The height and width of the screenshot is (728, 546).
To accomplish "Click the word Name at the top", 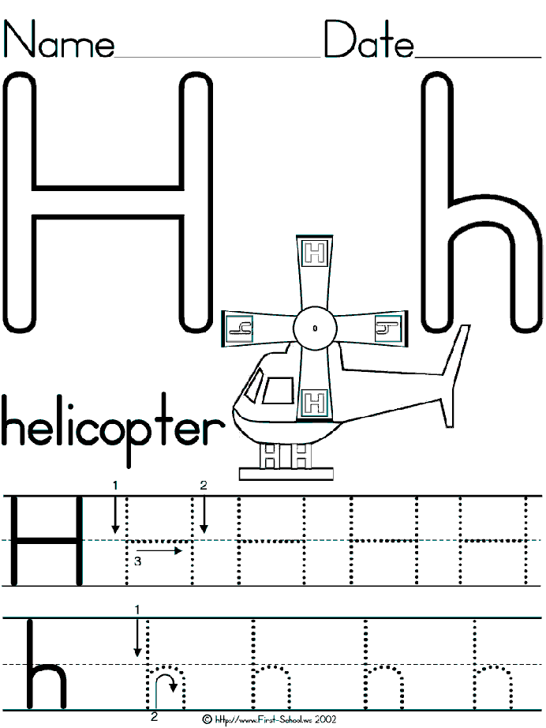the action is [x=59, y=39].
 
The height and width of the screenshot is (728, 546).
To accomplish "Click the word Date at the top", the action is [x=368, y=39].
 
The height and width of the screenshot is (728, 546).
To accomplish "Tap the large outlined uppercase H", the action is [x=107, y=202].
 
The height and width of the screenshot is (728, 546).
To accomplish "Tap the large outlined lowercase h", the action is [x=481, y=202].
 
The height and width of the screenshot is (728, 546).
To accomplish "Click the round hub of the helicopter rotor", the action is [x=315, y=328].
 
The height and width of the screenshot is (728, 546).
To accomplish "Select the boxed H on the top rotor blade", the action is [x=315, y=253].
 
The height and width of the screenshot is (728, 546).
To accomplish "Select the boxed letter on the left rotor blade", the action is [x=239, y=328].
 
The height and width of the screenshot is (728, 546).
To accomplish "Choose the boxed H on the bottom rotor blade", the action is [x=315, y=402].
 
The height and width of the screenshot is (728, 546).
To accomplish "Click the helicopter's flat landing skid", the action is [x=286, y=474].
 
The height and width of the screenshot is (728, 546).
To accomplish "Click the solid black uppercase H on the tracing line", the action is [x=47, y=541].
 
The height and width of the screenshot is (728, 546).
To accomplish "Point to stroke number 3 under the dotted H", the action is [x=137, y=561].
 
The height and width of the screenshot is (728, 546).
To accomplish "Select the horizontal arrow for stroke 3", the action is [x=159, y=550].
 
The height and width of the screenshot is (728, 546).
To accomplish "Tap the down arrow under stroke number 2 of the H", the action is [x=204, y=515].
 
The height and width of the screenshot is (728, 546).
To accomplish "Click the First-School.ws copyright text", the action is [x=270, y=719].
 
